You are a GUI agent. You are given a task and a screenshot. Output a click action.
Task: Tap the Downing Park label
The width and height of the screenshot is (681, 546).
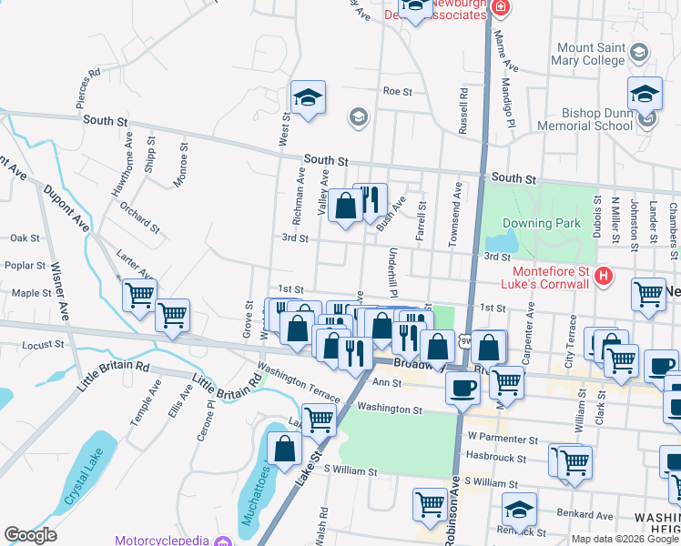coord(540,223)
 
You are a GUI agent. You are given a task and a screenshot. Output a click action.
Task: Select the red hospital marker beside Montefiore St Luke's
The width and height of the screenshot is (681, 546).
coord(602,275)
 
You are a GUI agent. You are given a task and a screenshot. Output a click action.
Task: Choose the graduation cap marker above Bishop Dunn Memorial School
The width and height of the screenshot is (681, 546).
coord(645,94)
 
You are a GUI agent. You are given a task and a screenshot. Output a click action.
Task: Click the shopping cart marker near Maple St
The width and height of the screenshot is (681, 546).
coord(139,294)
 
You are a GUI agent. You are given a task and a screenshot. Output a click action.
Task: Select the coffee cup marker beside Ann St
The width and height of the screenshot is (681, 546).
coord(462,389)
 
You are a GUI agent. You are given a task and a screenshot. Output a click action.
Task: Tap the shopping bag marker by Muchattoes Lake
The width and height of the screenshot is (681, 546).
coord(284,448)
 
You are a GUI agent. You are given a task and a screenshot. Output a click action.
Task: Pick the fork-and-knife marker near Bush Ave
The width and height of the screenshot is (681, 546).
coord(370,199)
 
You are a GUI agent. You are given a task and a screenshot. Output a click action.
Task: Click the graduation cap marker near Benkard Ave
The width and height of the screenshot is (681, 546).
coord(519,509)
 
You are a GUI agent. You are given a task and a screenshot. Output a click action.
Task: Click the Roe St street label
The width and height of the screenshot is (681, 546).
coord(398,92)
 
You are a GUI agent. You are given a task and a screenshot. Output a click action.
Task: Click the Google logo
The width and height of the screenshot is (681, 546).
coord(30,535)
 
